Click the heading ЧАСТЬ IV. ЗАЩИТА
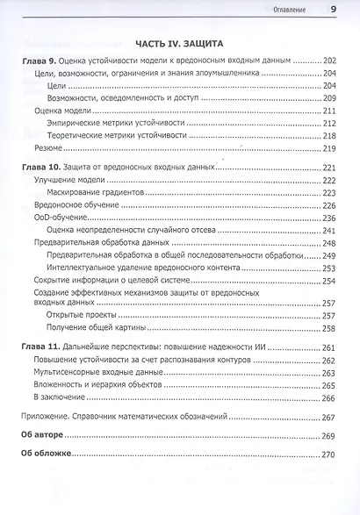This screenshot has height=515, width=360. [x=183, y=42]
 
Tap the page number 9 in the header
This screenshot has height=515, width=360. [x=333, y=10]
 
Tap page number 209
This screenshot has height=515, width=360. [x=330, y=98]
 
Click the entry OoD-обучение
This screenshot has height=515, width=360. [x=61, y=218]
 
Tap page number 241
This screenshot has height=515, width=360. [x=330, y=230]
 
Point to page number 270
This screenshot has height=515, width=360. [x=330, y=454]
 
